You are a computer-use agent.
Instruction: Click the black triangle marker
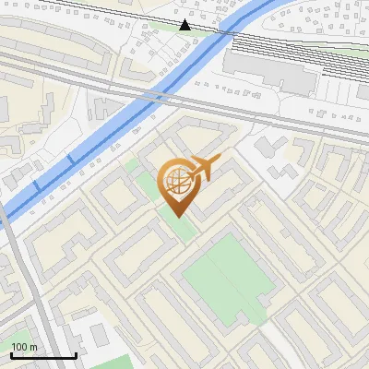(185, 25)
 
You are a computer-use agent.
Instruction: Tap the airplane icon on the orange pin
(202, 168)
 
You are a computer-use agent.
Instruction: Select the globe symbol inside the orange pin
(175, 182)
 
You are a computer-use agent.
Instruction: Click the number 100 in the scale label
(18, 347)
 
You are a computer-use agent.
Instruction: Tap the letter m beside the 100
(33, 347)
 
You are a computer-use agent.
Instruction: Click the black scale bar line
(43, 355)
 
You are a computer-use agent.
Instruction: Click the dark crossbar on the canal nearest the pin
(71, 161)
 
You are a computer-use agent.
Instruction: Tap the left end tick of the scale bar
(12, 354)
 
